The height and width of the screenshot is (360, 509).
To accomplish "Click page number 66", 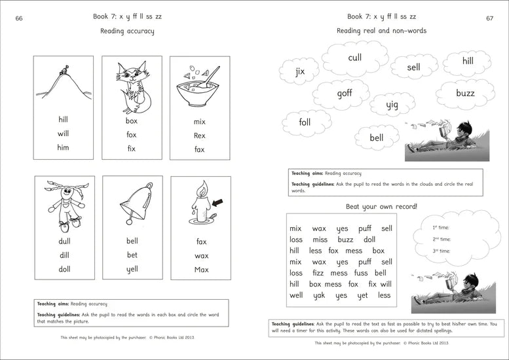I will [19, 18].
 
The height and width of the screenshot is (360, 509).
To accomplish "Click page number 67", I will [489, 18].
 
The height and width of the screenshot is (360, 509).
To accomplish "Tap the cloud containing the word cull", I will [354, 58].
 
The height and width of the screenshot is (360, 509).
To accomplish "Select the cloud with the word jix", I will [300, 71].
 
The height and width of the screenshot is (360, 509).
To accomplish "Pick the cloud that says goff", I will [345, 94].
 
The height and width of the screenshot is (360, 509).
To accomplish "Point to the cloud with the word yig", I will [392, 105].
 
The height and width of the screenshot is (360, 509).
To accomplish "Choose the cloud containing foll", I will [305, 122].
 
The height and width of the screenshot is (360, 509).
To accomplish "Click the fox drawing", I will [132, 85].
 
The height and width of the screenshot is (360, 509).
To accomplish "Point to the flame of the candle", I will [201, 189].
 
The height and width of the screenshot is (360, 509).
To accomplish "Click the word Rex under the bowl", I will [199, 135].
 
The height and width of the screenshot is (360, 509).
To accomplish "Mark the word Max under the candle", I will [201, 269].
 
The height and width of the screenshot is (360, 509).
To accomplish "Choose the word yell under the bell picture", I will [132, 269].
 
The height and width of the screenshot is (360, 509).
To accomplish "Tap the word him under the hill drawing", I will [63, 147].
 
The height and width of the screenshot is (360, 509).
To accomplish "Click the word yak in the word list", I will [318, 295].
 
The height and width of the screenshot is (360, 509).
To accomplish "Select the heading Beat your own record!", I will [381, 206].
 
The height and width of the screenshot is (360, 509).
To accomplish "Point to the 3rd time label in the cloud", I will [441, 251].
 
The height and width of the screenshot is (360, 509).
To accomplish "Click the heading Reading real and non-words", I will [381, 31].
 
